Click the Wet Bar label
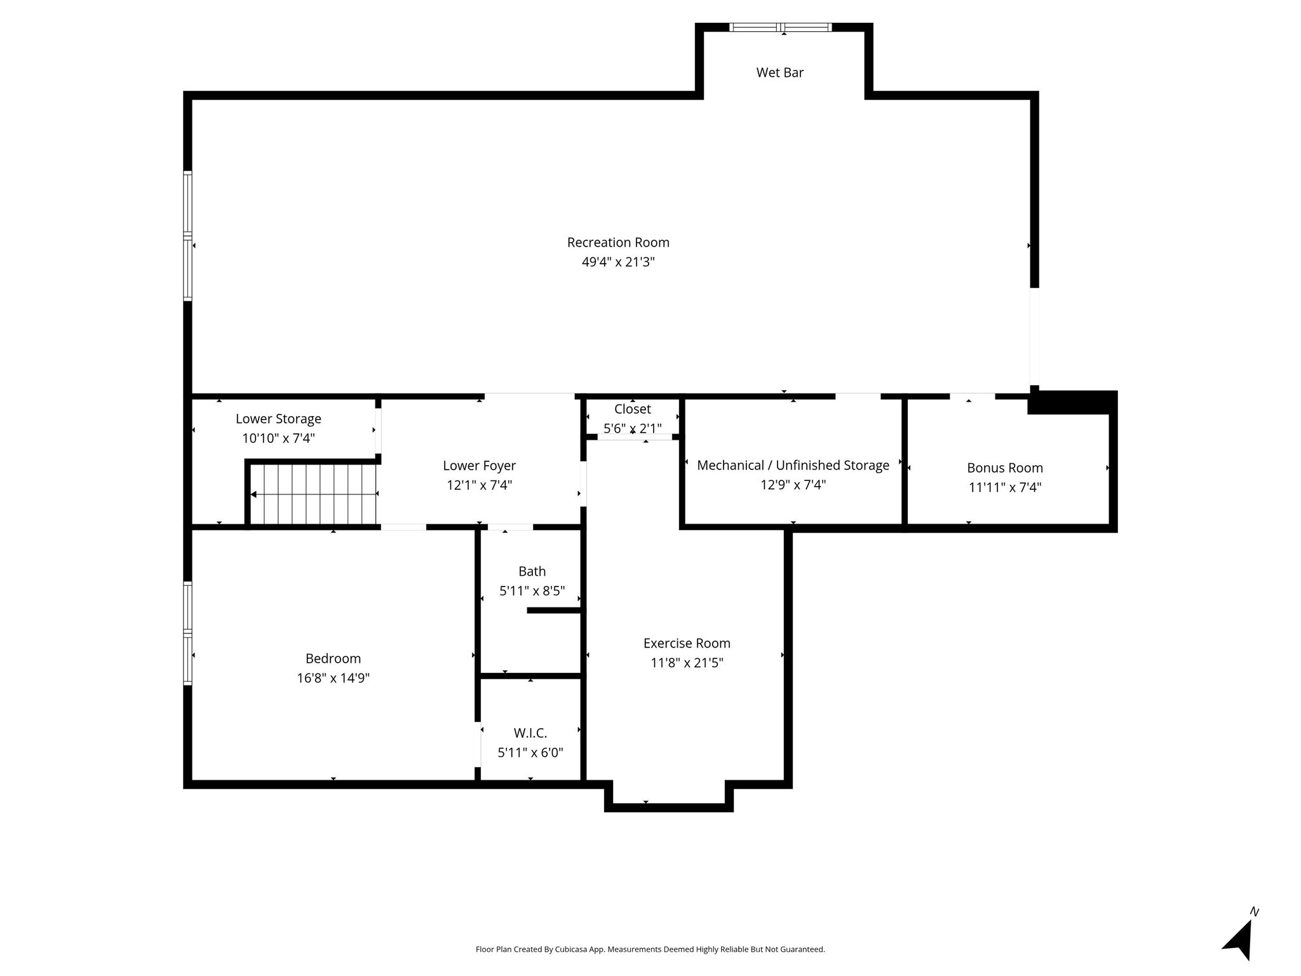tap(780, 72)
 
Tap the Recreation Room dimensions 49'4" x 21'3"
tap(618, 262)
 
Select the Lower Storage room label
tap(278, 419)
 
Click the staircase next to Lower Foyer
tap(313, 494)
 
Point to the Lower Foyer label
tap(480, 466)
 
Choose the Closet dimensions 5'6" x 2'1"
tap(633, 428)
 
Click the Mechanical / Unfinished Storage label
tap(793, 465)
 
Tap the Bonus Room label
tap(1005, 468)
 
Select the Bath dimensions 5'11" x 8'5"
tap(532, 591)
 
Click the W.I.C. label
tap(530, 733)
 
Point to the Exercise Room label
tap(687, 643)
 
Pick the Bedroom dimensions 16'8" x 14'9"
tap(334, 678)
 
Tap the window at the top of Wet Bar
tap(780, 27)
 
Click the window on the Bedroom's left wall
tap(188, 634)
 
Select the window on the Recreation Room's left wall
tap(188, 236)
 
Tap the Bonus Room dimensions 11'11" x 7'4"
tap(1005, 487)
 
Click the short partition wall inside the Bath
tap(555, 610)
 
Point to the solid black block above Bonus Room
tap(1072, 403)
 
